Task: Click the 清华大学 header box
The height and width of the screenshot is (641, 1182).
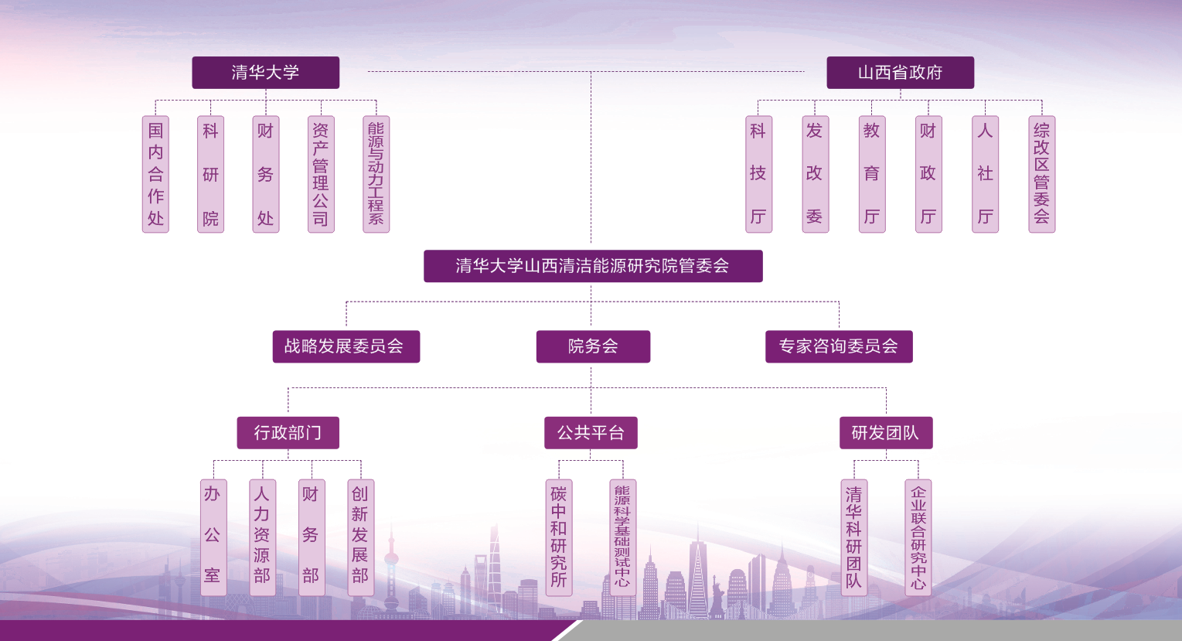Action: [x=265, y=73]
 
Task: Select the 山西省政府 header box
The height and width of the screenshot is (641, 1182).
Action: [x=900, y=73]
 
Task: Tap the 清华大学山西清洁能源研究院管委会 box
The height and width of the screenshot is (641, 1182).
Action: [x=593, y=266]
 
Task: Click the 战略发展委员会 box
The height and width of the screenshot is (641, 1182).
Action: [x=346, y=346]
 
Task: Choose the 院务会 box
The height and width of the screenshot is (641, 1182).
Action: [x=593, y=346]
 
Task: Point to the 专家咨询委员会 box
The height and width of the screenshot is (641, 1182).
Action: [x=839, y=346]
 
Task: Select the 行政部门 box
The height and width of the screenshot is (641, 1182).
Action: [x=288, y=433]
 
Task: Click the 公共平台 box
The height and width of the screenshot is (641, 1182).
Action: [x=591, y=433]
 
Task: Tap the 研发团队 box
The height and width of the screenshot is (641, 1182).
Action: [x=886, y=433]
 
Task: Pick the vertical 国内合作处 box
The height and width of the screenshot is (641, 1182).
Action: [x=155, y=174]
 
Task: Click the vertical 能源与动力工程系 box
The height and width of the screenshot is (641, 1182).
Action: [x=376, y=174]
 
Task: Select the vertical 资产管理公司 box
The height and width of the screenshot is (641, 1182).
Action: [x=321, y=174]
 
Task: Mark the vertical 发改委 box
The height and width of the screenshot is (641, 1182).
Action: [x=815, y=174]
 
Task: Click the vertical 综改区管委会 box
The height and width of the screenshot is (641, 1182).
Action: [x=1041, y=174]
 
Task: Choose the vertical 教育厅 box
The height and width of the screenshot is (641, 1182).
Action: [x=871, y=174]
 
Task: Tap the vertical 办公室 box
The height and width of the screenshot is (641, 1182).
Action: [x=213, y=537]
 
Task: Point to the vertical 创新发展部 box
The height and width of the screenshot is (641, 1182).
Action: [x=360, y=537]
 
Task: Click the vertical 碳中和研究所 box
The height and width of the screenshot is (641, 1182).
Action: [x=559, y=537]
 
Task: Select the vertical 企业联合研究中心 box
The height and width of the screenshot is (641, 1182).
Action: [x=918, y=537]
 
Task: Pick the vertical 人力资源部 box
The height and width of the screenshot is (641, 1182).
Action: [x=262, y=537]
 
